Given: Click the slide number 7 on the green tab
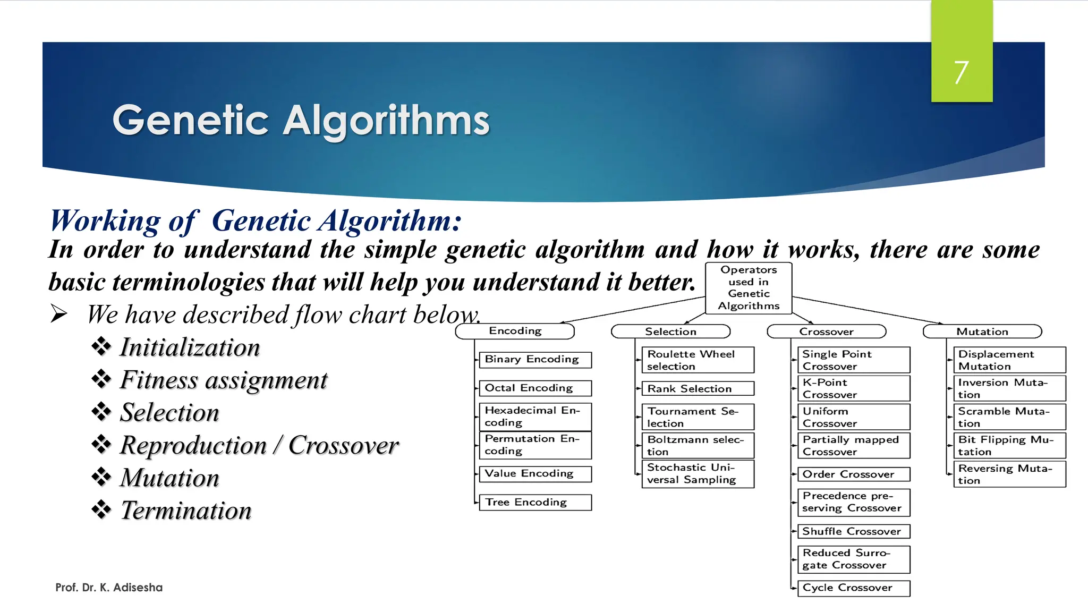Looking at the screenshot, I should click(x=961, y=72).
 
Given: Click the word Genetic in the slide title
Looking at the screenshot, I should click(x=190, y=121).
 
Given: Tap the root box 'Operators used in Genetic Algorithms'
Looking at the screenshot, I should click(x=749, y=288).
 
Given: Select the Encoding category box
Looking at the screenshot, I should click(x=515, y=331).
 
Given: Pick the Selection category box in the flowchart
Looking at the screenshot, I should click(x=670, y=331).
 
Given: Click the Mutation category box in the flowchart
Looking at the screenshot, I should click(x=982, y=331).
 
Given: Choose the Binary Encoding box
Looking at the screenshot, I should click(x=534, y=360).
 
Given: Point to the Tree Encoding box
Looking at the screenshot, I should click(x=534, y=502).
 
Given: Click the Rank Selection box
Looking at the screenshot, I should click(x=697, y=388).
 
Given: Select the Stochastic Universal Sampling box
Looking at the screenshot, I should click(x=697, y=473).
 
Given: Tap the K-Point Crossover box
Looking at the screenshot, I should click(x=853, y=388).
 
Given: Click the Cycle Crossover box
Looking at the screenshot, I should click(x=853, y=588).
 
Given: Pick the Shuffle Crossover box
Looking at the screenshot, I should click(x=853, y=531).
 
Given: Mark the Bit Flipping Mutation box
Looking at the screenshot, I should click(x=1009, y=445).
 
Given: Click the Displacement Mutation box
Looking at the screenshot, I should click(x=1009, y=360).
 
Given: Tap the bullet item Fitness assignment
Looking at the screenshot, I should click(x=223, y=380).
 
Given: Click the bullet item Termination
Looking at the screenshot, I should click(x=185, y=511).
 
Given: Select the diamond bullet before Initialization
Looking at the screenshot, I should click(x=101, y=346).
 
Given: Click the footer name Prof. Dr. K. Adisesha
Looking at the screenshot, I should click(x=109, y=588).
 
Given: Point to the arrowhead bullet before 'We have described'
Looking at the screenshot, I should click(x=58, y=314).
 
